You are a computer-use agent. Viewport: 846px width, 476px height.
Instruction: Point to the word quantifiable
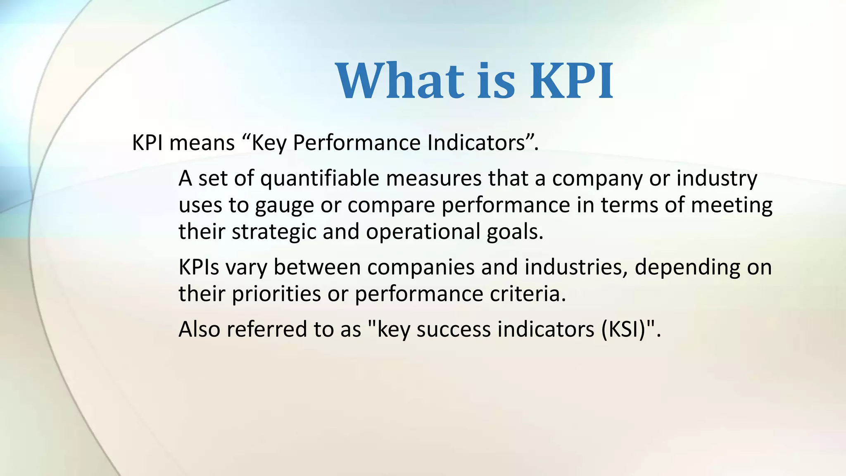tap(320, 179)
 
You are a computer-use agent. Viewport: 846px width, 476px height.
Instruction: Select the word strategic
tap(274, 232)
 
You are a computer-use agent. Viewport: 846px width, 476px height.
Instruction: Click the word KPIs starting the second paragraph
tap(199, 267)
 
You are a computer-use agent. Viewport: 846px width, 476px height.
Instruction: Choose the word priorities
tap(276, 294)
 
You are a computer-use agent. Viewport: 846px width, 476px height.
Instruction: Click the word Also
tap(199, 330)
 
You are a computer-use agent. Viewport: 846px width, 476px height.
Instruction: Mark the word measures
tap(434, 179)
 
